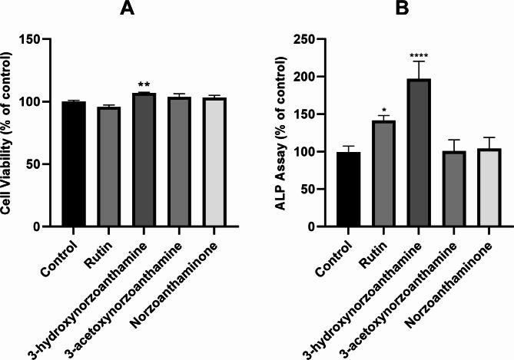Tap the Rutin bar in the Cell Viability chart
pyautogui.click(x=109, y=167)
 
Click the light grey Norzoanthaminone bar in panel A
pyautogui.click(x=217, y=162)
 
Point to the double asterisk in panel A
pyautogui.click(x=145, y=84)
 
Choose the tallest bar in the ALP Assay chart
pyautogui.click(x=398, y=153)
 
